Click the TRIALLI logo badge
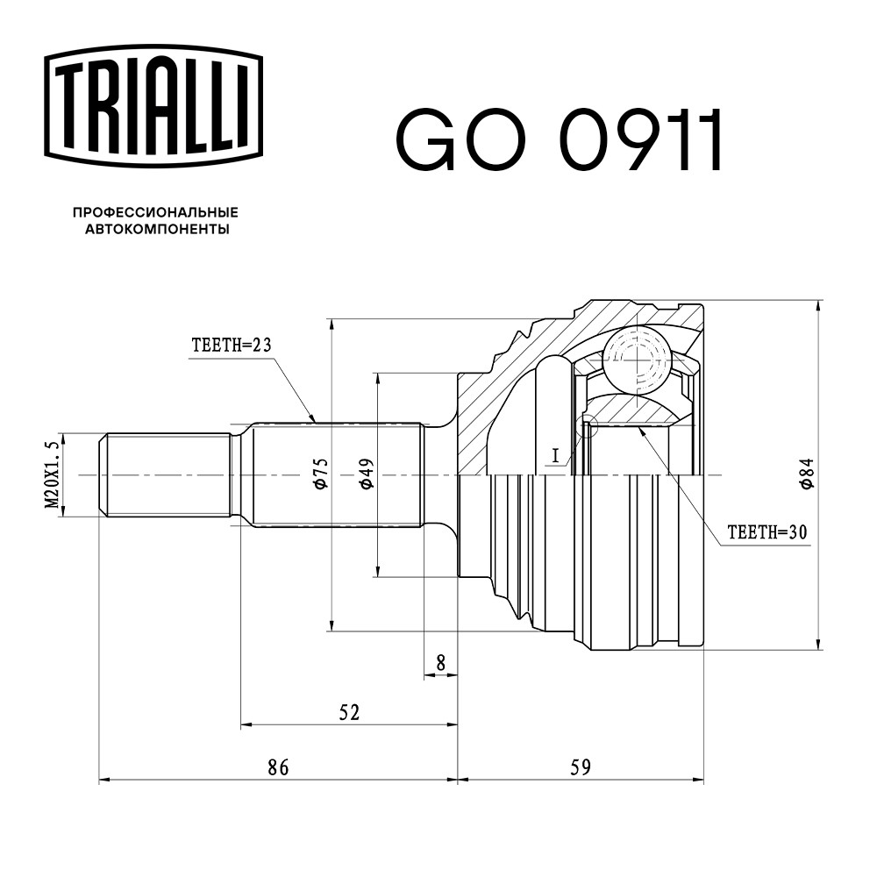[x=153, y=107]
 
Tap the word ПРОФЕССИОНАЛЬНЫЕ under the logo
[x=155, y=212]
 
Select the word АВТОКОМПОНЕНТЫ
[x=157, y=229]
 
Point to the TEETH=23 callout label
[x=232, y=345]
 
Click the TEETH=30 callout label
[x=767, y=532]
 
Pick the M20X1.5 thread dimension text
[x=52, y=474]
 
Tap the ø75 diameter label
[x=321, y=474]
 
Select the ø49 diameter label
[x=367, y=474]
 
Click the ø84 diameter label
[x=807, y=474]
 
